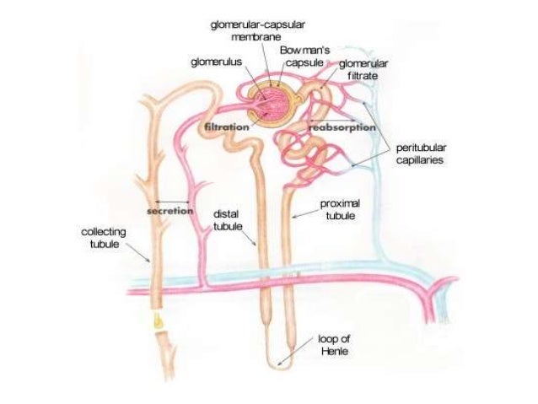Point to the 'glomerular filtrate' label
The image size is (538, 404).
point(362,68)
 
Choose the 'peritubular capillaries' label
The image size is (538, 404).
point(418,152)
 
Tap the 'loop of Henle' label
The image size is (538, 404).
point(334,345)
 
